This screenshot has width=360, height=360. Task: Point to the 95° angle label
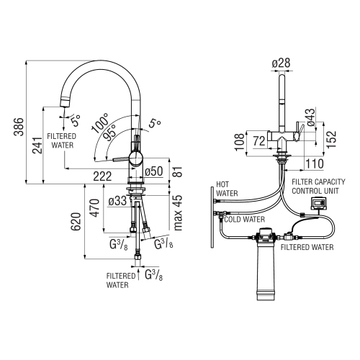click(109, 134)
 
